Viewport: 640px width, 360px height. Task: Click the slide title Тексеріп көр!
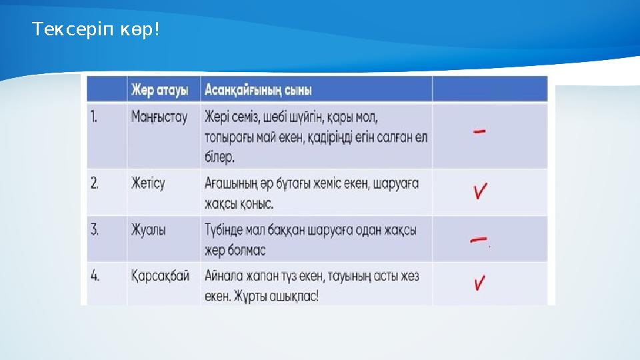click(96, 30)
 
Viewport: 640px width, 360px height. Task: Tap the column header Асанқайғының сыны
click(259, 89)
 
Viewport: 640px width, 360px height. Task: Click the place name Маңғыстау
click(159, 117)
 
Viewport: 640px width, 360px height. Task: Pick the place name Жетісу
click(148, 183)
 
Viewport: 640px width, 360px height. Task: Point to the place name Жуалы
click(149, 230)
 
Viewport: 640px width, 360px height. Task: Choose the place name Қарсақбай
click(161, 276)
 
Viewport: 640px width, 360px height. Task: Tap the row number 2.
click(95, 183)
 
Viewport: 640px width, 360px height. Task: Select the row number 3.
click(95, 230)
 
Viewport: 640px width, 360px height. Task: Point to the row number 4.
click(95, 276)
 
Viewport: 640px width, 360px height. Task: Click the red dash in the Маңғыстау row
click(479, 132)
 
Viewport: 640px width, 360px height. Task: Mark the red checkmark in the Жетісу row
click(481, 191)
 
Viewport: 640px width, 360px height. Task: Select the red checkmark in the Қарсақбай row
click(480, 283)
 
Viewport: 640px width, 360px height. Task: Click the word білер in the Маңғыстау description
click(219, 158)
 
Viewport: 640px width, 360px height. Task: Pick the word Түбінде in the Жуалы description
click(226, 230)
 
